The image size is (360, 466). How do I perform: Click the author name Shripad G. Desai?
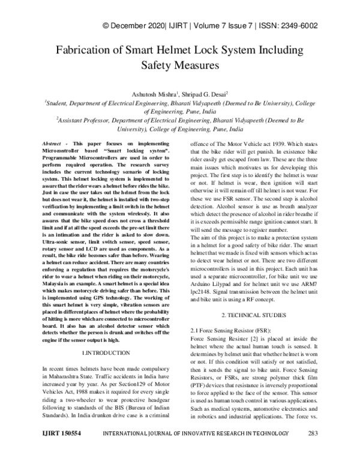click(x=204, y=94)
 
